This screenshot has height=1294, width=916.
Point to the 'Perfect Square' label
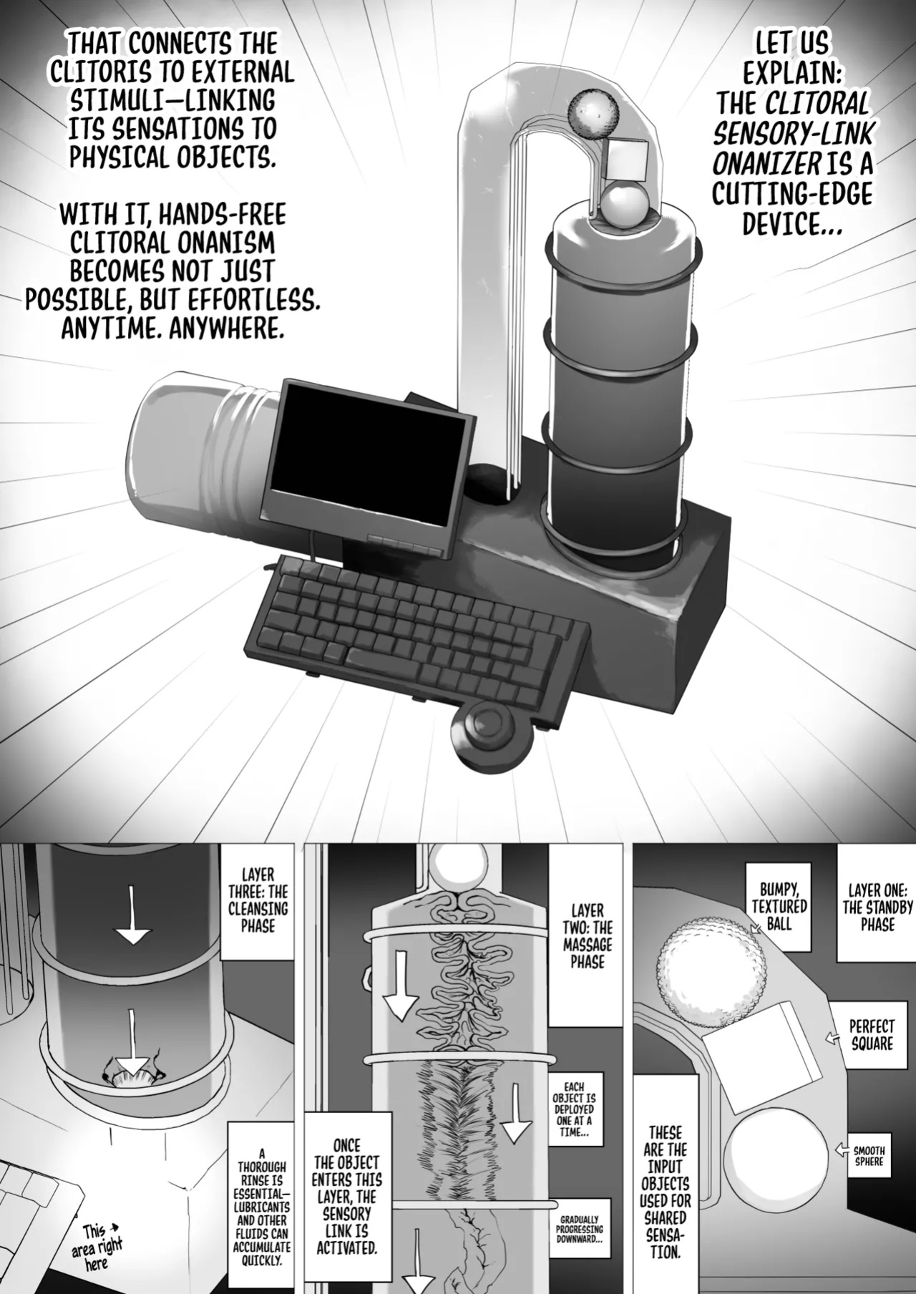pos(872,1035)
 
